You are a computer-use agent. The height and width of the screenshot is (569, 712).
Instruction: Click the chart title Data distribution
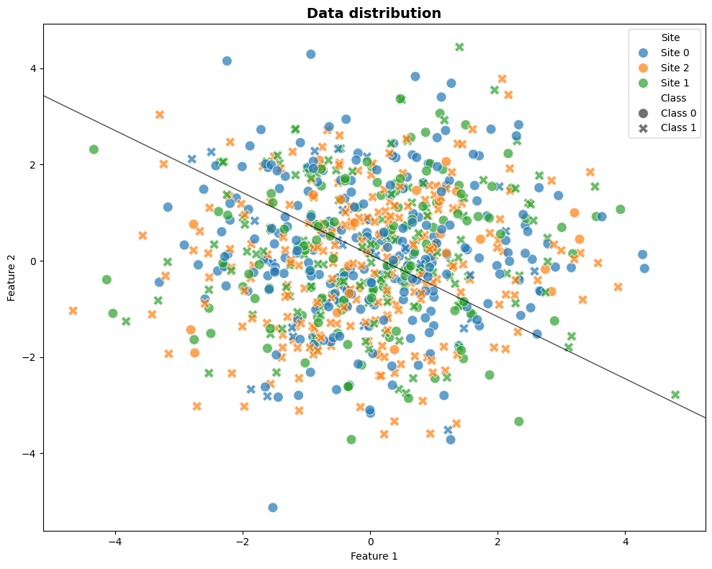click(x=374, y=13)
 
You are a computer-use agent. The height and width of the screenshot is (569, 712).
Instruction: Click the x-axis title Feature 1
click(x=374, y=556)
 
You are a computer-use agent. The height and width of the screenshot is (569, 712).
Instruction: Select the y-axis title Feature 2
click(x=12, y=277)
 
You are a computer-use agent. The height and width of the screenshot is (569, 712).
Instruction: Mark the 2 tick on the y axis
click(x=33, y=164)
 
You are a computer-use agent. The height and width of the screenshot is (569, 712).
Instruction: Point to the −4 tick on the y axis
click(x=30, y=453)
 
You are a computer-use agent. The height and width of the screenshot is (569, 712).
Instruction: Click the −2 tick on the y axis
click(x=30, y=357)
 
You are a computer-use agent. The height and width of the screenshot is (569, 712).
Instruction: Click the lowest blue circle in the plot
click(x=273, y=508)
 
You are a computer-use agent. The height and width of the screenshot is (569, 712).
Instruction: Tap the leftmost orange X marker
click(x=73, y=310)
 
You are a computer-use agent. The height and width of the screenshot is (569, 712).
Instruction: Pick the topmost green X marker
click(x=459, y=47)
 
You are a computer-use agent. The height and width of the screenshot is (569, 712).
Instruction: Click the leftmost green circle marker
click(x=94, y=150)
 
